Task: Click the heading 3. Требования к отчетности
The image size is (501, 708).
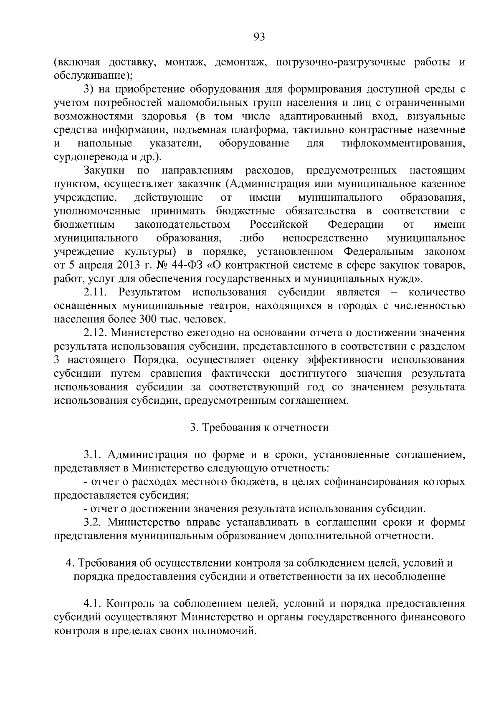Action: (259, 428)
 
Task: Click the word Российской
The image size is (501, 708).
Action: (278, 225)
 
